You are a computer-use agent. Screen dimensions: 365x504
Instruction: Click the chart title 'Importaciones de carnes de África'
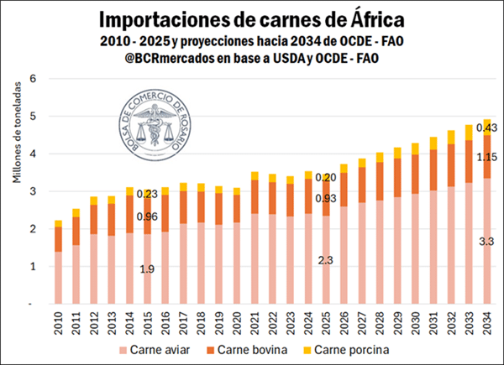coord(252,19)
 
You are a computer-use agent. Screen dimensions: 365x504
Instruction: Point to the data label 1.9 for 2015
coord(146,269)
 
